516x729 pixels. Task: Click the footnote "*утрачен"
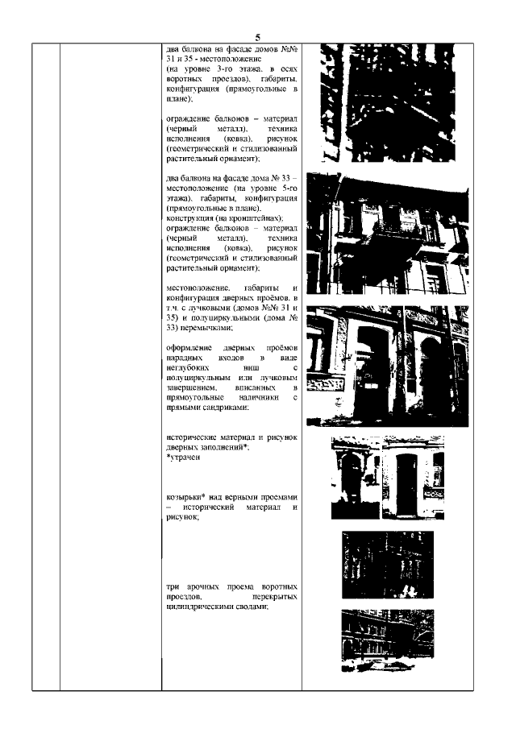[x=181, y=457]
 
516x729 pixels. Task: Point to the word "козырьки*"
[x=183, y=497]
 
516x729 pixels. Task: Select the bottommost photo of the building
[x=386, y=640]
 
